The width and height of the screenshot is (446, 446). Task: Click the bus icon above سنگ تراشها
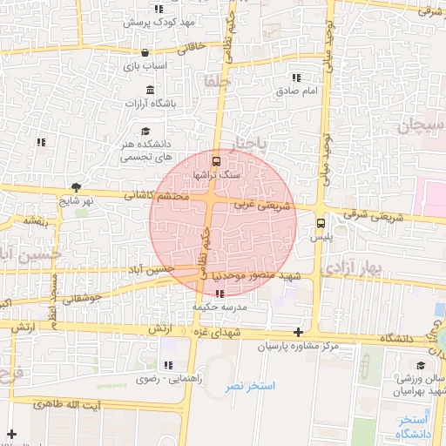click(216, 160)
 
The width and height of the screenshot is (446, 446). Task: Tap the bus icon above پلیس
click(321, 221)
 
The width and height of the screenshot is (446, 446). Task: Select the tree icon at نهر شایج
click(78, 186)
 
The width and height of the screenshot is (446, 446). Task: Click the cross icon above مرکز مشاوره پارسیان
click(299, 332)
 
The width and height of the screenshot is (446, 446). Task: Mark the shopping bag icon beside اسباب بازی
click(131, 52)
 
